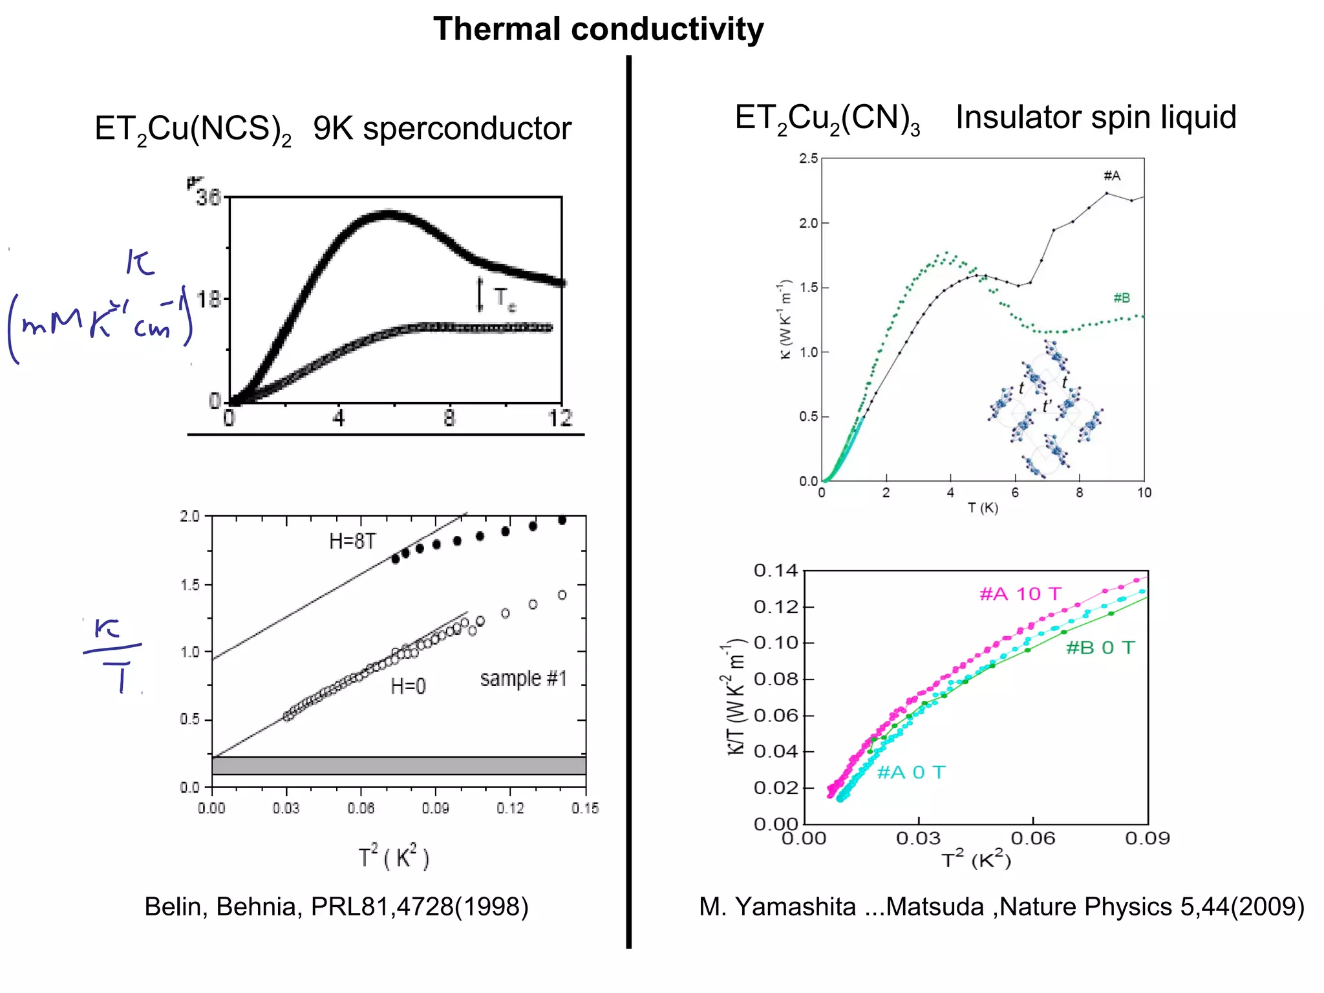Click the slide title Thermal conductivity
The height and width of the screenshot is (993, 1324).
598,29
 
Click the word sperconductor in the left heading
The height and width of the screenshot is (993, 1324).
467,129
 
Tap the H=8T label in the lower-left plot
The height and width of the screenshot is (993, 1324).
352,541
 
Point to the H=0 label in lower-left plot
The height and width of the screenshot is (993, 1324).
408,686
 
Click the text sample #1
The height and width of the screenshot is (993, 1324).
523,679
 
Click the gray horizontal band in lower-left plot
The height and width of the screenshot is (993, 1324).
399,765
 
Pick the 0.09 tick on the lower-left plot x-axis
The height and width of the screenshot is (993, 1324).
434,808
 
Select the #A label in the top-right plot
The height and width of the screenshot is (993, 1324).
1111,176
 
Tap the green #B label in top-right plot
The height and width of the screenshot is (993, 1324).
1122,298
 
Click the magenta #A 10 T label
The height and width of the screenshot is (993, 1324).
1020,593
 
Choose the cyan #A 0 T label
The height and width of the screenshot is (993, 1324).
910,772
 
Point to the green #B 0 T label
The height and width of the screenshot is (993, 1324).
1100,648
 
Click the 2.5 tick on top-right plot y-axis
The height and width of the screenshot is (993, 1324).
808,159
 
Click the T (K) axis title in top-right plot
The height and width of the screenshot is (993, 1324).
983,508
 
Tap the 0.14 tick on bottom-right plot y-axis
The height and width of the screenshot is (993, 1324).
776,571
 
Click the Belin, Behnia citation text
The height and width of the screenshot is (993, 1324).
336,906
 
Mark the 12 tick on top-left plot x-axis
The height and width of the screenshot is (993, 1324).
560,419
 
